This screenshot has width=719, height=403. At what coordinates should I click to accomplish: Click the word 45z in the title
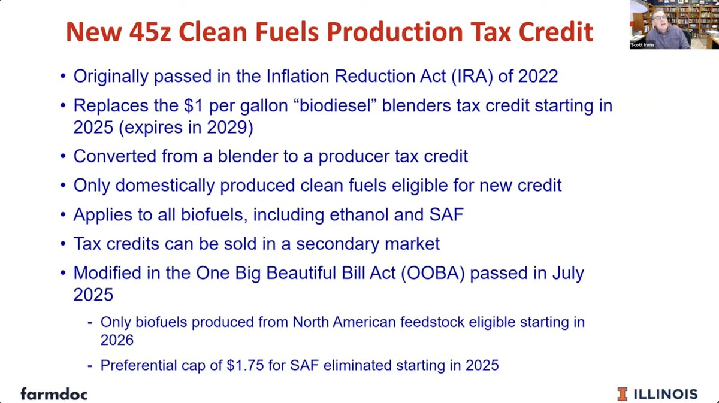tap(165, 31)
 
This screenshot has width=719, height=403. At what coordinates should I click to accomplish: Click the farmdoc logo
tap(53, 393)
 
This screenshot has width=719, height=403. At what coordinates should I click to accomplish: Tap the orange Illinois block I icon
tap(623, 393)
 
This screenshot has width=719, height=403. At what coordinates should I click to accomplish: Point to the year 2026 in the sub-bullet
tap(117, 340)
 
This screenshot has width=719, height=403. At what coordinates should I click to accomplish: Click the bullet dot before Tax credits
tap(63, 244)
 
